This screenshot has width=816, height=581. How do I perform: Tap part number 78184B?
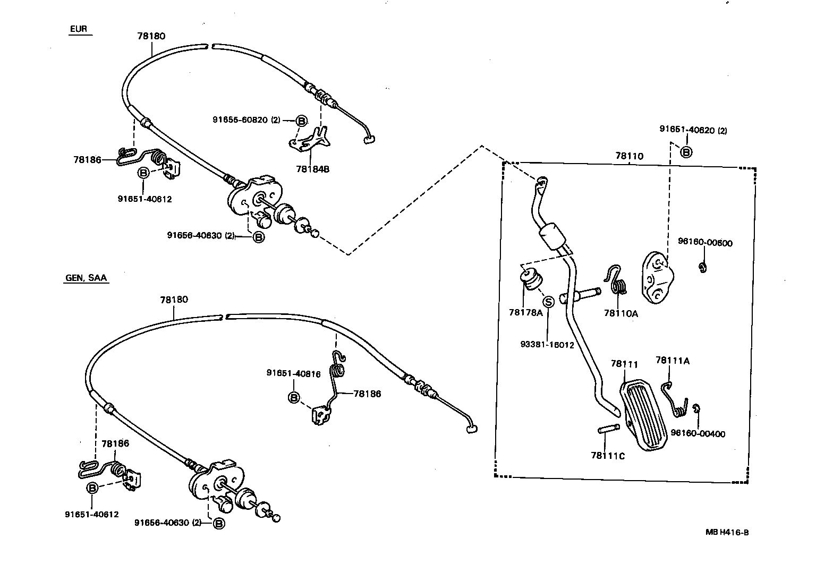tap(313, 169)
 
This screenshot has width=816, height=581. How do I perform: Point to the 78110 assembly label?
tap(629, 156)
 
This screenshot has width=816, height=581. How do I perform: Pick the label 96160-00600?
tap(705, 243)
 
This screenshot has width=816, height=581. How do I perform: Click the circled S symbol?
tap(549, 302)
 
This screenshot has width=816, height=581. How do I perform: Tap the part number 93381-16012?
tap(547, 345)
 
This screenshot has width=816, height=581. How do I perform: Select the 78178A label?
tap(525, 313)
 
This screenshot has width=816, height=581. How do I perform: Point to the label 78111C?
tap(608, 456)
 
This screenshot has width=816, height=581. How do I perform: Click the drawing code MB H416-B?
tap(727, 533)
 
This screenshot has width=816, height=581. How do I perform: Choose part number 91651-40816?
tap(293, 374)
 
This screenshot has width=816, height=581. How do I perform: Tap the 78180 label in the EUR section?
tap(151, 36)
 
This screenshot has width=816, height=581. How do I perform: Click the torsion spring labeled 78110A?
tap(617, 281)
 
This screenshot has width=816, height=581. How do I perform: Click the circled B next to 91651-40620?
tap(686, 152)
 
